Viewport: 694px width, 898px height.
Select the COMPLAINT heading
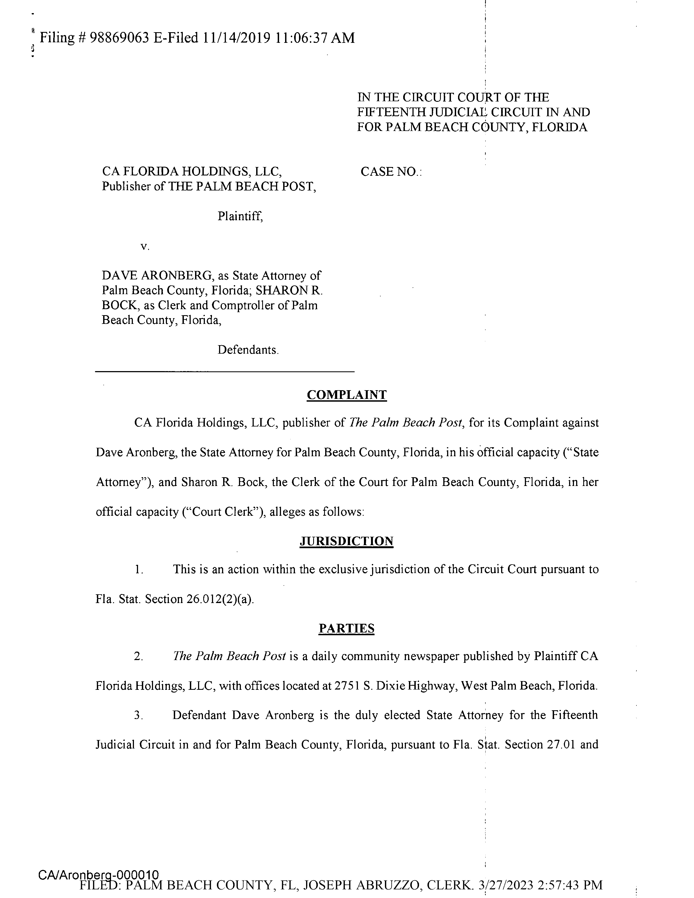click(346, 395)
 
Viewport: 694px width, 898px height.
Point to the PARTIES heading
click(346, 629)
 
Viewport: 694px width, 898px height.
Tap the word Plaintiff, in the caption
click(240, 216)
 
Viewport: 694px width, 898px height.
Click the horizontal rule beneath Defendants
click(225, 372)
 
